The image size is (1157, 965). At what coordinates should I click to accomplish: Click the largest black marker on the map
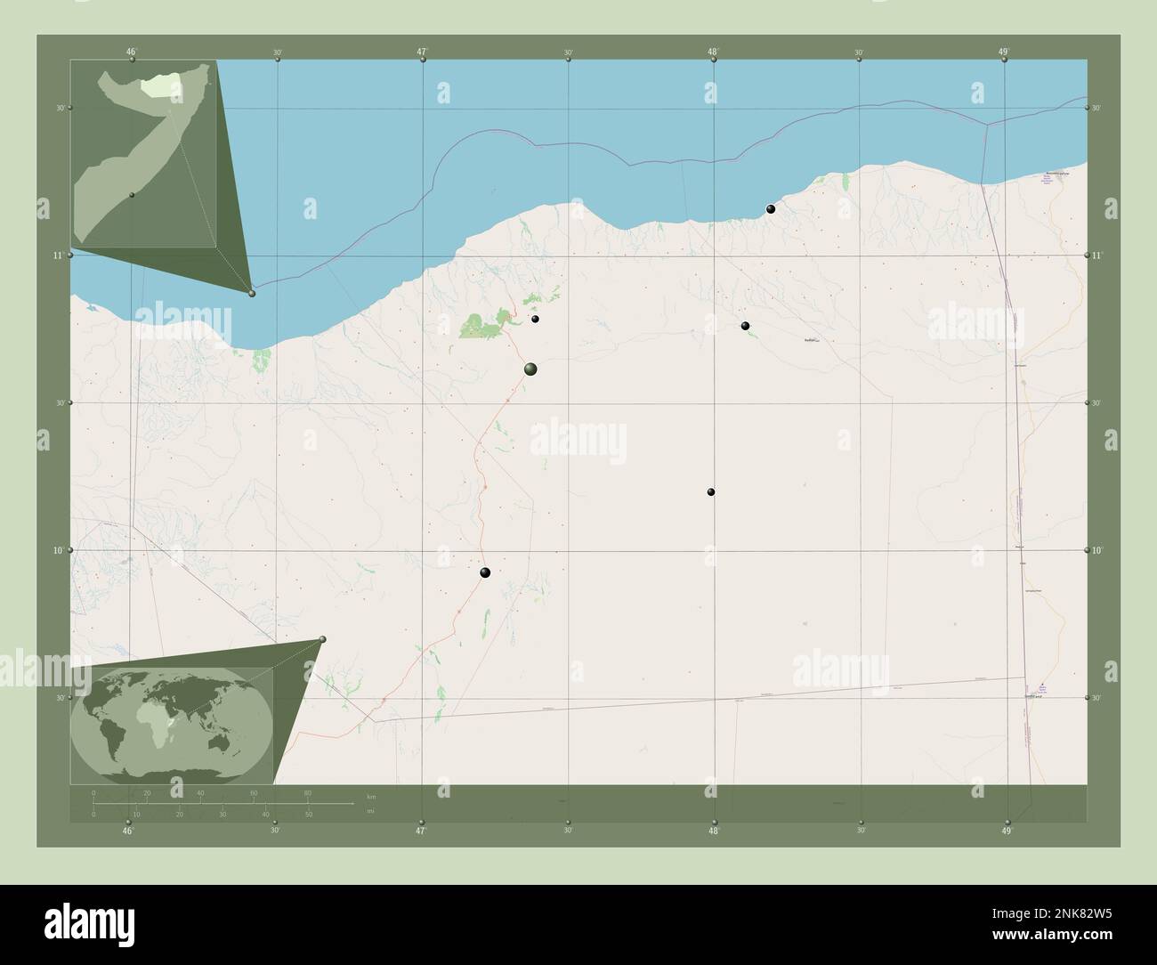click(531, 369)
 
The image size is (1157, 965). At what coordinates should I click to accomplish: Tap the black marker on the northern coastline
click(771, 209)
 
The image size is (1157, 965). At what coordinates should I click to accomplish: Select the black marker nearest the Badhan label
click(746, 326)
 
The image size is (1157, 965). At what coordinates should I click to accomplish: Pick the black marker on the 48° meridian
click(711, 491)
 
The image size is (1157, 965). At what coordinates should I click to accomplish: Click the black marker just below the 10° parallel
click(485, 572)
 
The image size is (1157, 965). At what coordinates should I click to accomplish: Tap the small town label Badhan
click(810, 340)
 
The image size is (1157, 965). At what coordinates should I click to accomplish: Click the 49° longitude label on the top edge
click(1003, 52)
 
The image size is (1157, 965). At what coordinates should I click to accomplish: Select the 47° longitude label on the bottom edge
click(421, 831)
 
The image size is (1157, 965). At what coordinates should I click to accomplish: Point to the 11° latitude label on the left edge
click(56, 255)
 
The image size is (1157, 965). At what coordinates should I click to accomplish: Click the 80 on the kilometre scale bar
click(308, 792)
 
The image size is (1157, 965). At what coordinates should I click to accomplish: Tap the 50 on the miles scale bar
click(308, 814)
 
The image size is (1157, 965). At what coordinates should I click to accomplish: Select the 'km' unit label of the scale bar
click(371, 795)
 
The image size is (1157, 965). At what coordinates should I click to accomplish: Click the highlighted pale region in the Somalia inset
click(160, 85)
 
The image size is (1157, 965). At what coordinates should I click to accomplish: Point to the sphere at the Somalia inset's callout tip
click(252, 293)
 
